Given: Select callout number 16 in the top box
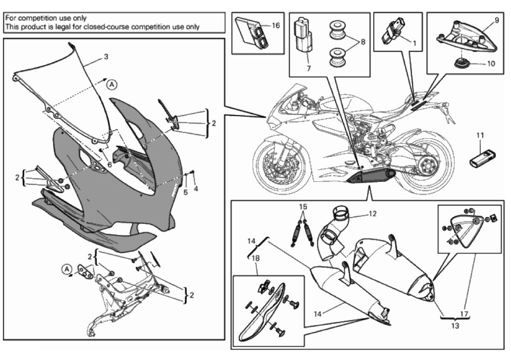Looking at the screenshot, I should (x=276, y=25).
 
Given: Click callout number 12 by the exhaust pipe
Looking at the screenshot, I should (x=372, y=213).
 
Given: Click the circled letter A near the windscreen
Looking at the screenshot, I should (x=111, y=85).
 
